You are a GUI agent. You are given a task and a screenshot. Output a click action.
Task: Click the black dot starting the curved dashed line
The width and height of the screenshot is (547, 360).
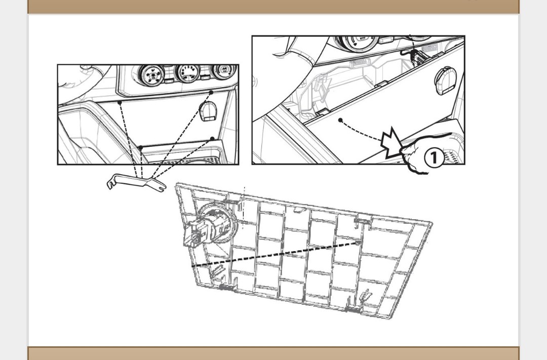pos(340,121)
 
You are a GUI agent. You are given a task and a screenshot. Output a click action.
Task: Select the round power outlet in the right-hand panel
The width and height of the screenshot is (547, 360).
pos(446,80)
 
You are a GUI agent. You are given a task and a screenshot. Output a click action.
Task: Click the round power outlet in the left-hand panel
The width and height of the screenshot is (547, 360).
pos(208,110)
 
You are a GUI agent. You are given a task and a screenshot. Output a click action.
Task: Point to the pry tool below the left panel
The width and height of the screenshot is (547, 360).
pos(136,182)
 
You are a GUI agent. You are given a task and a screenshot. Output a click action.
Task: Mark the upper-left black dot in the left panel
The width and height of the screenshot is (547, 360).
pos(120,102)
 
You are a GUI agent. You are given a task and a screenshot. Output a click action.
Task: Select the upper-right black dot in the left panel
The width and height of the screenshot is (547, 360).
pos(211,92)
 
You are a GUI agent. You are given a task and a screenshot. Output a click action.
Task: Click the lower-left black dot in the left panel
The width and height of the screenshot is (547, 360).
pos(140,148)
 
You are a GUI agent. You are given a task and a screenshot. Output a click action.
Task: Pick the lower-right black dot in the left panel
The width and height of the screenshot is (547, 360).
pos(212,139)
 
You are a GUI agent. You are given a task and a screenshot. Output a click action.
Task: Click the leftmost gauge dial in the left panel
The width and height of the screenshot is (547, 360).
pos(151,73)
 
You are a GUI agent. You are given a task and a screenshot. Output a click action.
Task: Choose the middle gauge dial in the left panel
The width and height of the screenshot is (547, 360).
pos(188,73)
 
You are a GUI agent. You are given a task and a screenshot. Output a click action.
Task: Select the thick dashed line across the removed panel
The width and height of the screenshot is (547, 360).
pos(276,254)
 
